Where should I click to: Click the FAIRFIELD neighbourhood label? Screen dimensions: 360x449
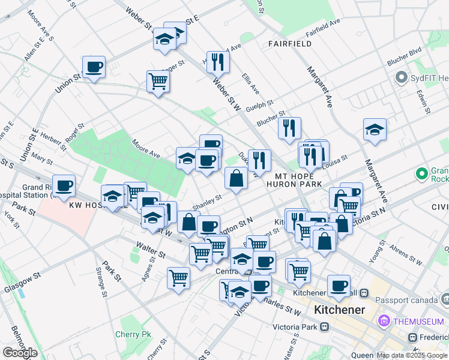[290, 44]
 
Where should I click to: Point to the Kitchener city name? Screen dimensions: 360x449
[340, 310]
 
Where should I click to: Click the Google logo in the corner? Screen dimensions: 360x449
[20, 353]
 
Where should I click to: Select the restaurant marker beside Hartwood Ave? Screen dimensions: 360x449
[217, 61]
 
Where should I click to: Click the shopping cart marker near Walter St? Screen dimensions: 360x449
[179, 278]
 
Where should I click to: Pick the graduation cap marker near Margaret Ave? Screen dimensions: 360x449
[375, 130]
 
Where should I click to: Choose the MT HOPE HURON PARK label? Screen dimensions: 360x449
[298, 180]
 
